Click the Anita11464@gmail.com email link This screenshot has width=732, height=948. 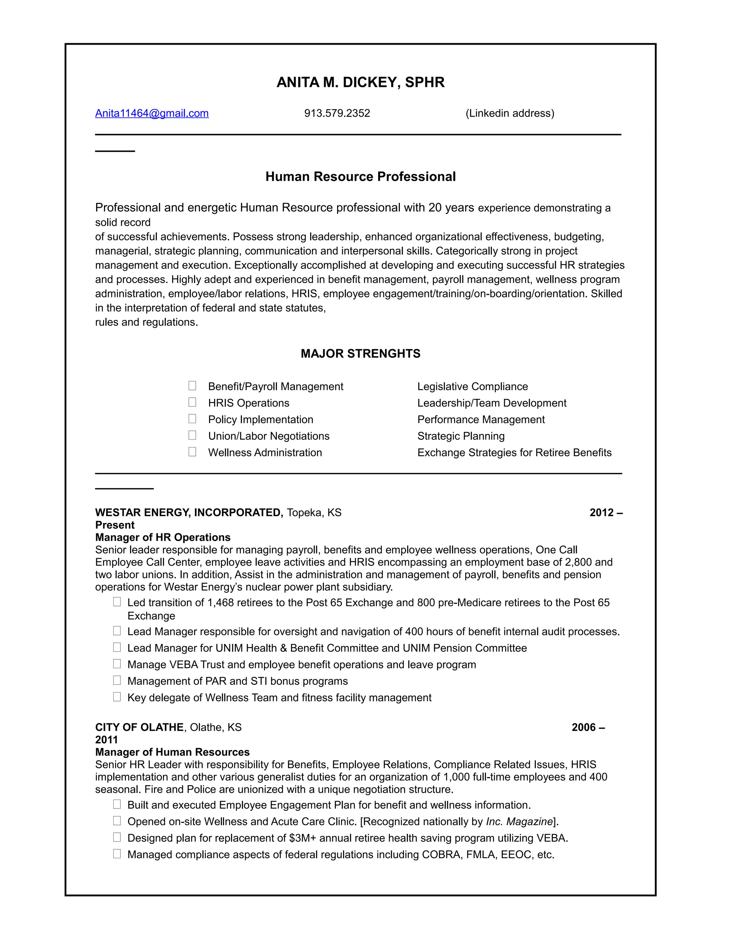coord(152,113)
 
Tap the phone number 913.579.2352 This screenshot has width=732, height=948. coord(337,113)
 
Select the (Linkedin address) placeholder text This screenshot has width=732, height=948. coord(510,113)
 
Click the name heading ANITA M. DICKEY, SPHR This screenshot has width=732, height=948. coord(360,83)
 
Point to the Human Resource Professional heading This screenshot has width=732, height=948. coord(360,177)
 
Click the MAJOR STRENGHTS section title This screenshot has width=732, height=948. coord(360,354)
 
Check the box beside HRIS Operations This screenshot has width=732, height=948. coord(192,402)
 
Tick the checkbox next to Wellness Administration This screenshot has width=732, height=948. coord(192,452)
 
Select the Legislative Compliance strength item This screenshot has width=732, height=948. coord(472,387)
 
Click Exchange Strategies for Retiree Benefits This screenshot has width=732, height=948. coord(514,453)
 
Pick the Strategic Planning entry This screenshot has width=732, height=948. coord(460,436)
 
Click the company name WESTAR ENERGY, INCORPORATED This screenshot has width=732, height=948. coord(189,513)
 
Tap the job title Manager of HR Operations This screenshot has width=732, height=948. coord(163,537)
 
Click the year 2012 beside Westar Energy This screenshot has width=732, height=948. coord(602,513)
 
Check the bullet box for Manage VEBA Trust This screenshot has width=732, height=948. coord(117,664)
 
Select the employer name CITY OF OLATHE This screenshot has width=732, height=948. coord(139,728)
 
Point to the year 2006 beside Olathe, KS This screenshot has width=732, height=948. coord(584,728)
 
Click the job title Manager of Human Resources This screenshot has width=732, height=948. coord(172,752)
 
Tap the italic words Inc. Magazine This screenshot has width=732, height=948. coord(519,822)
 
